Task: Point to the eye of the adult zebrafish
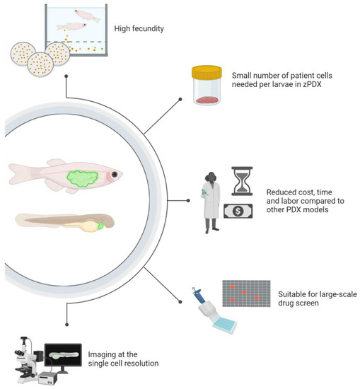click(x=114, y=175)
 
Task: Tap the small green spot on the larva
click(x=100, y=226)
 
